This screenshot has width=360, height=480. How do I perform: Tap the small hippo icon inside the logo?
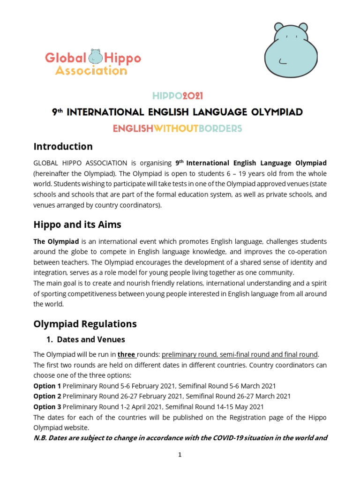click(96, 57)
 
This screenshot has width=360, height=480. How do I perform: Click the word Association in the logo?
click(91, 71)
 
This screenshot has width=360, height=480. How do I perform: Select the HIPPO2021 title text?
click(178, 96)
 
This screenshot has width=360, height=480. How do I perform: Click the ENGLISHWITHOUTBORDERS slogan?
click(177, 128)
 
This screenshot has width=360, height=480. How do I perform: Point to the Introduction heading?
click(63, 146)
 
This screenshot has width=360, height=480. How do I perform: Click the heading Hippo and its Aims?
click(77, 225)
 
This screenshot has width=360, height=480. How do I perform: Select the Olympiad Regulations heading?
click(85, 323)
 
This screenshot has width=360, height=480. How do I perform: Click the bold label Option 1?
click(47, 386)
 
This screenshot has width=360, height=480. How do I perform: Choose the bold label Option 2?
click(47, 396)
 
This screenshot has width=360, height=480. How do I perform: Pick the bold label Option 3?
click(47, 406)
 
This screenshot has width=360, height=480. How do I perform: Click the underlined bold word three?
click(126, 354)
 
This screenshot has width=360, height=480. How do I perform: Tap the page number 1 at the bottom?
click(180, 455)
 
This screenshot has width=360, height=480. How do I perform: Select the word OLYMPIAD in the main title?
click(273, 112)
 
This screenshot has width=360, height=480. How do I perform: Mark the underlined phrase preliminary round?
click(188, 354)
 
